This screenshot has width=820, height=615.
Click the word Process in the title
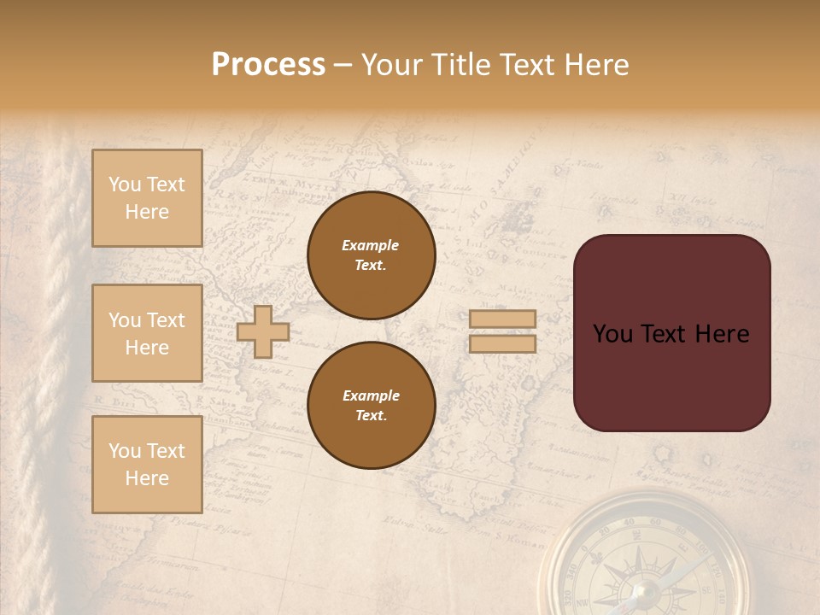[x=268, y=65]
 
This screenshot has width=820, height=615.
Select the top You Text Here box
[x=147, y=198]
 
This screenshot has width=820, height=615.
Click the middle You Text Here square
[x=147, y=333]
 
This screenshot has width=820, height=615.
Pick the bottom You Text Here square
[x=147, y=464]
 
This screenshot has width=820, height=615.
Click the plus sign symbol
[x=263, y=331]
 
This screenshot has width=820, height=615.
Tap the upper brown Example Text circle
[x=371, y=255]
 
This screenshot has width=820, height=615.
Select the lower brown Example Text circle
[x=371, y=406]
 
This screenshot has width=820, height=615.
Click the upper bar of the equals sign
[x=502, y=319]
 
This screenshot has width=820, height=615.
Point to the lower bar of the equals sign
[x=502, y=343]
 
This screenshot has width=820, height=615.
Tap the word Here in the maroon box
[x=722, y=334]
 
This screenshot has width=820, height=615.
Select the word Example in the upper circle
[x=371, y=246]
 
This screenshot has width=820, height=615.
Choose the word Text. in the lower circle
[x=371, y=415]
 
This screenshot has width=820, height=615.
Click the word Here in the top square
[x=147, y=212]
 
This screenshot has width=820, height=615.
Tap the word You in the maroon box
[x=612, y=334]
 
